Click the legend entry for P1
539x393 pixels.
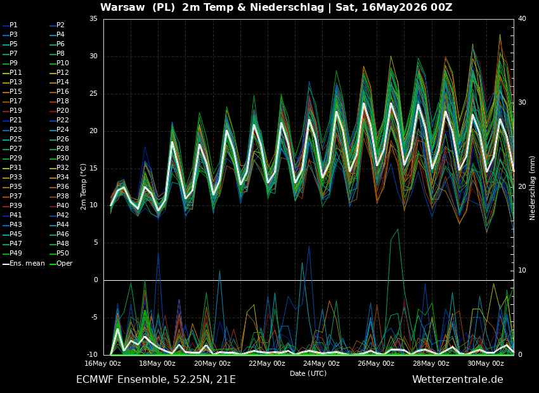pyautogui.click(x=10, y=25)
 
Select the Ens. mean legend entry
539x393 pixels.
pyautogui.click(x=23, y=264)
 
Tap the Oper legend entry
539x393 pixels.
pyautogui.click(x=60, y=264)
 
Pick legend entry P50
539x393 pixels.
pyautogui.click(x=59, y=253)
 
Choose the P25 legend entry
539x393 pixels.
pyautogui.click(x=12, y=139)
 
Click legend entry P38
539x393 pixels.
pyautogui.click(x=59, y=196)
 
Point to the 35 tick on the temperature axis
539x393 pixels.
pyautogui.click(x=94, y=19)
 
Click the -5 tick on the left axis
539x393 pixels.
pyautogui.click(x=94, y=318)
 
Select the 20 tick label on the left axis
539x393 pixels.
pyautogui.click(x=94, y=131)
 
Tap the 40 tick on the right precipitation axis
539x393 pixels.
pyautogui.click(x=522, y=19)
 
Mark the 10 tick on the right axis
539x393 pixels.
pyautogui.click(x=522, y=271)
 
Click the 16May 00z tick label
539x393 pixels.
pyautogui.click(x=103, y=363)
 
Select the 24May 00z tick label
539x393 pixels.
pyautogui.click(x=322, y=363)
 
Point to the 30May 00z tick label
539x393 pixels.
pyautogui.click(x=486, y=363)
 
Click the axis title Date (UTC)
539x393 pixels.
pyautogui.click(x=308, y=373)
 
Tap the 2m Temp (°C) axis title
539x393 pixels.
pyautogui.click(x=84, y=187)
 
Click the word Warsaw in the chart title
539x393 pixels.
pyautogui.click(x=122, y=7)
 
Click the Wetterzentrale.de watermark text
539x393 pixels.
pyautogui.click(x=458, y=379)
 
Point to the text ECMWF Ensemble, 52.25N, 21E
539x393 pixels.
pyautogui.click(x=156, y=380)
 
